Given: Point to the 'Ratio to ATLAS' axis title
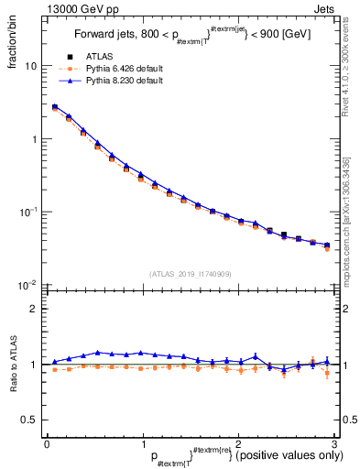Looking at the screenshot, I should tap(11, 364).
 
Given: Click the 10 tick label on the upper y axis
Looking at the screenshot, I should tap(30, 66).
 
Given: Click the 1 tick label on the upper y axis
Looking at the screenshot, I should tap(33, 139).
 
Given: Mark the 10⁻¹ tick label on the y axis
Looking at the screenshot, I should tap(28, 212).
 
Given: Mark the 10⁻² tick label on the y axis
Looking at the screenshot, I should tap(28, 285).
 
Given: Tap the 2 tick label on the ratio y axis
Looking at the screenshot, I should tap(33, 310).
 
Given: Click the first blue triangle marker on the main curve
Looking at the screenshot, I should tap(54, 106).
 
